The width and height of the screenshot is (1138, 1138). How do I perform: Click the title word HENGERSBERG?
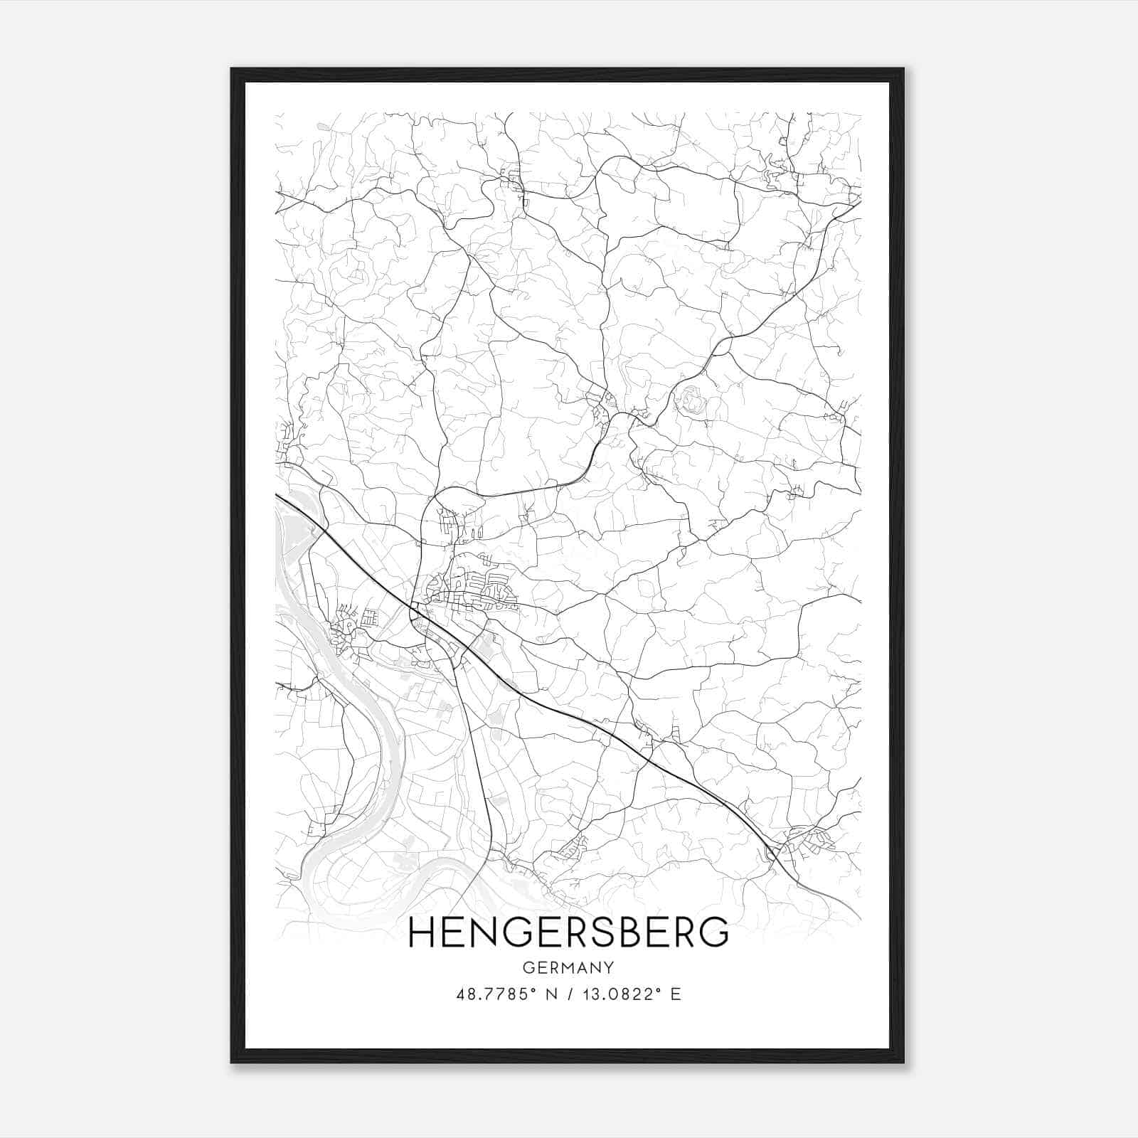point(568,932)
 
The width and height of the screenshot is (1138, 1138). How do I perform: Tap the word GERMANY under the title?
point(568,967)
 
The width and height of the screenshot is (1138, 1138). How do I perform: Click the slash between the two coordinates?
point(569,994)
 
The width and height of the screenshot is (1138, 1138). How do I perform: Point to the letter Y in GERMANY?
point(609,967)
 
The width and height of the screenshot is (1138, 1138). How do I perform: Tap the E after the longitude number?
point(676,994)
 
